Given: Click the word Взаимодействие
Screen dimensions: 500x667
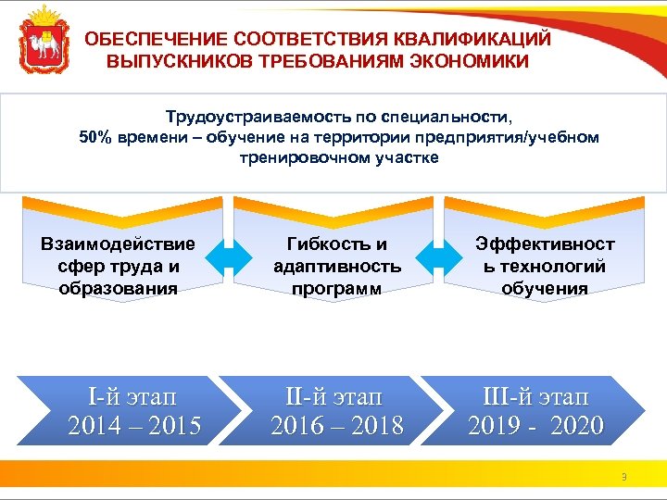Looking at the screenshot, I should click(119, 244).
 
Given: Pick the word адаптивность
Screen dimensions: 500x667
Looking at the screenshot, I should click(337, 267).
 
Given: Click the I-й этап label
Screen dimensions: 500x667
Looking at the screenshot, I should click(134, 398).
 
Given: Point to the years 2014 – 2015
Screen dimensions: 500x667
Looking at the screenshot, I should click(134, 426).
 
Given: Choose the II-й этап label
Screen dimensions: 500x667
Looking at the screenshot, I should click(336, 398).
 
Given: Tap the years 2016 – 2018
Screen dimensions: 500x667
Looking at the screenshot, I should click(336, 426).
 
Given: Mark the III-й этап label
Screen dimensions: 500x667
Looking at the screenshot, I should click(535, 398).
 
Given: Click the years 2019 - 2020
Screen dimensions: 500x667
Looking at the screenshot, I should click(535, 426).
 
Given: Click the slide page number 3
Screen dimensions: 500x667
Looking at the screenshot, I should click(624, 478).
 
